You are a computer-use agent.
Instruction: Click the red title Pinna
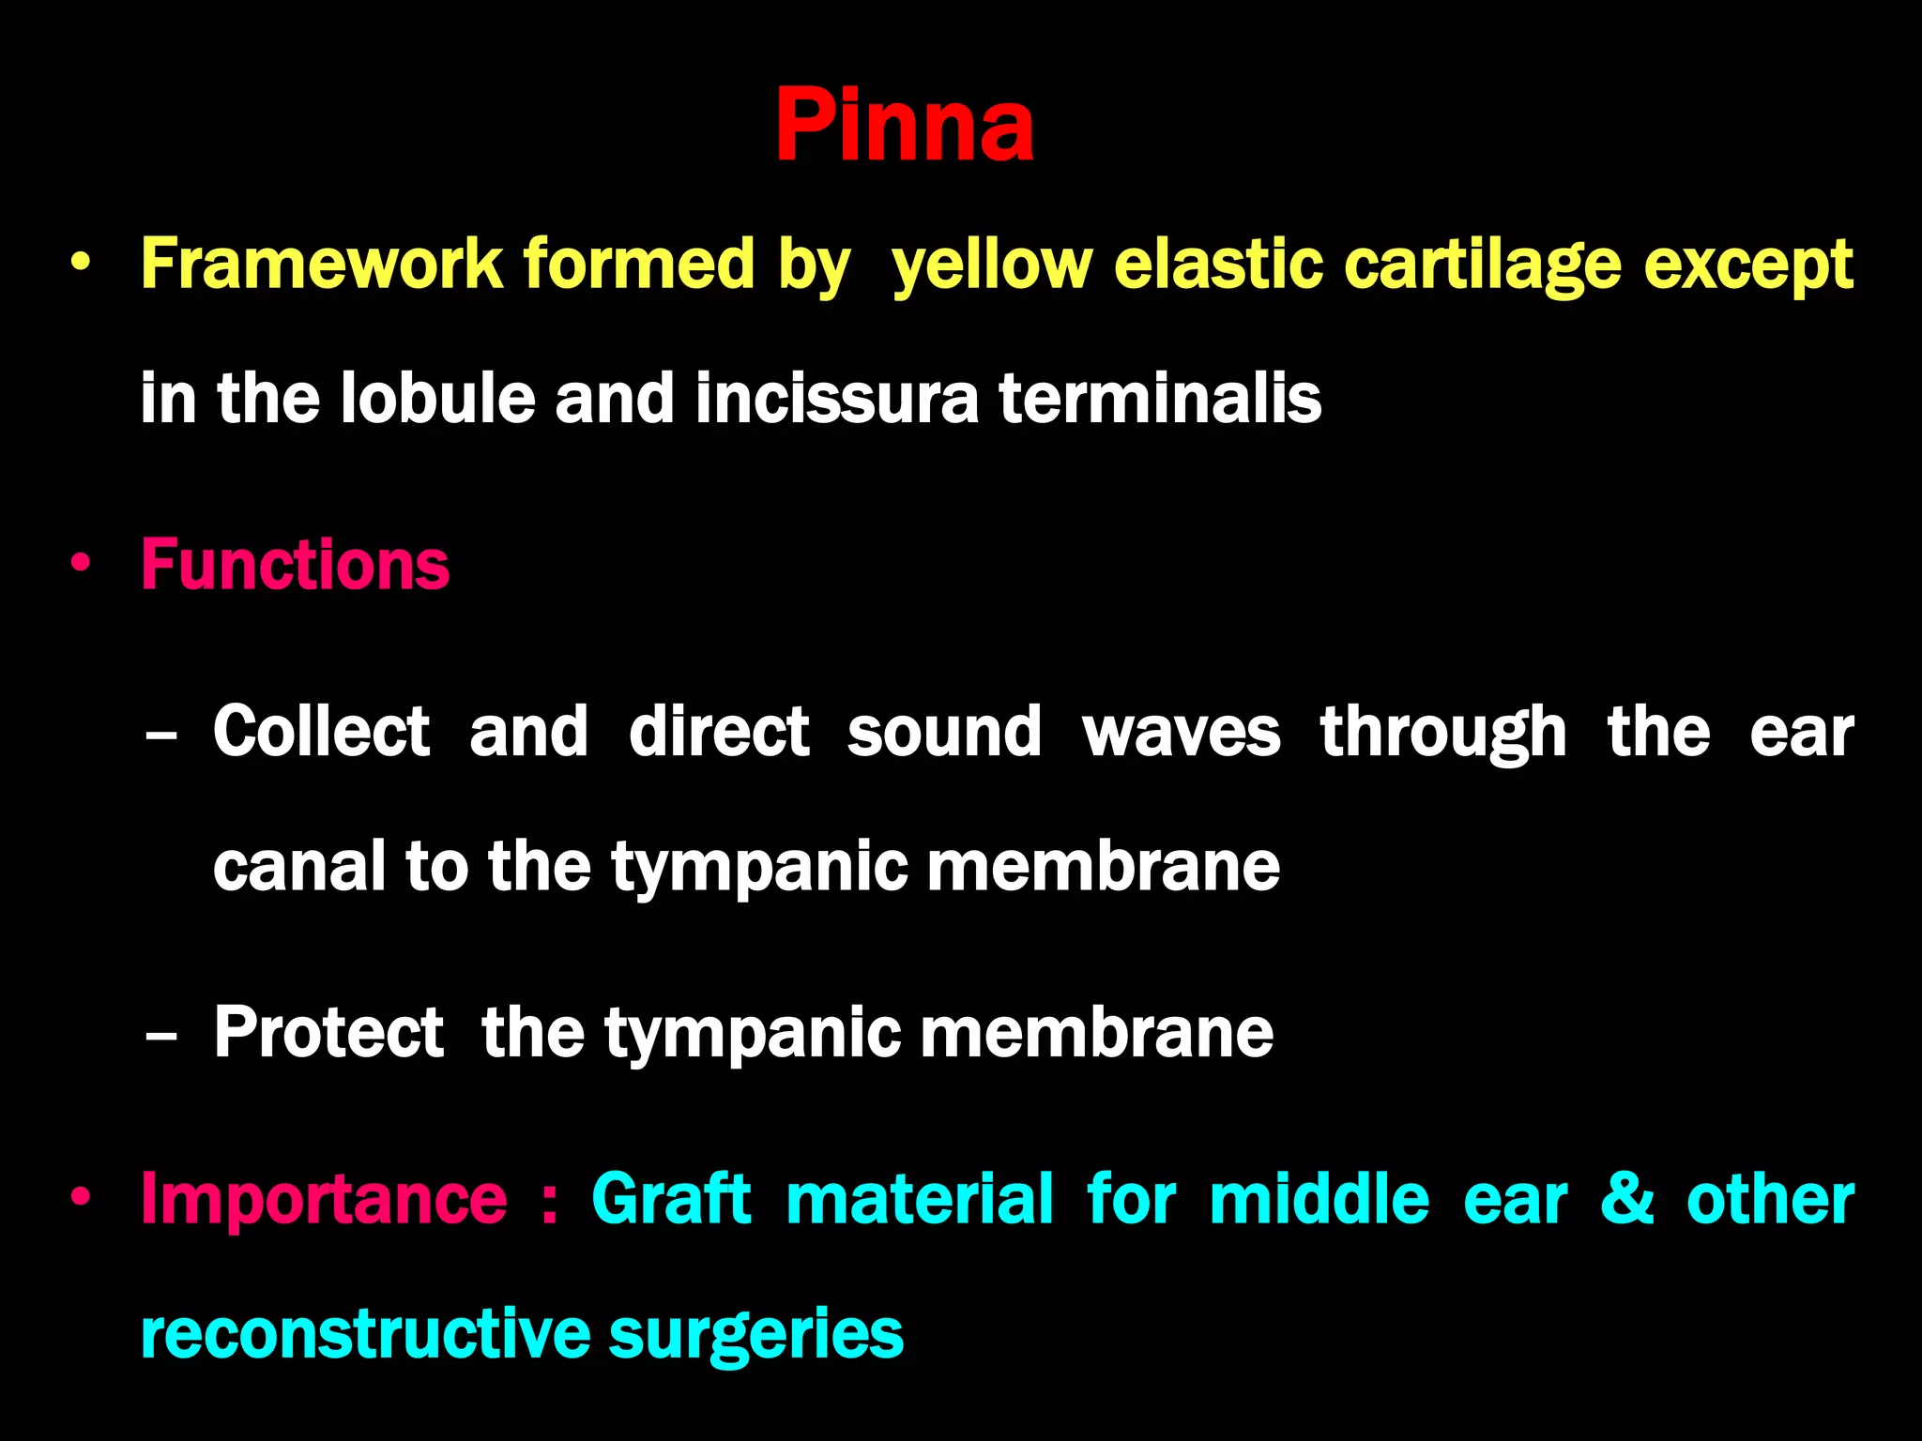click(904, 125)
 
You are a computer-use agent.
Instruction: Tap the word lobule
click(437, 398)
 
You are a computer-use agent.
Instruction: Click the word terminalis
click(1160, 398)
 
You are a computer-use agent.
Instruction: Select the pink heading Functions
click(295, 565)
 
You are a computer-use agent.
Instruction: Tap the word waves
click(1181, 733)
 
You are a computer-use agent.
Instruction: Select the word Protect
click(328, 1032)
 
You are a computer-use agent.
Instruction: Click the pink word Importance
click(323, 1200)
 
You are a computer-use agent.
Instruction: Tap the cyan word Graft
click(671, 1199)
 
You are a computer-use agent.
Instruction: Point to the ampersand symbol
click(1626, 1199)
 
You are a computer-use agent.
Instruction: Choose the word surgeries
click(755, 1335)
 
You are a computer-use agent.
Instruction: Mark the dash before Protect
click(161, 1036)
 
